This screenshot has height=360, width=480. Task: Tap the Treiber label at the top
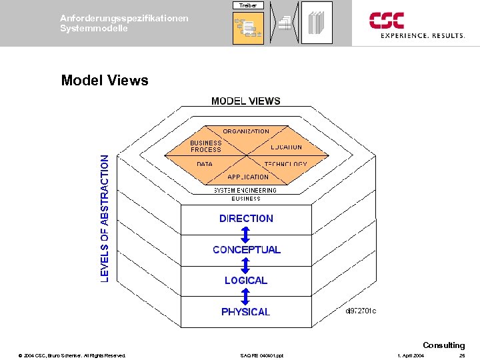click(249, 5)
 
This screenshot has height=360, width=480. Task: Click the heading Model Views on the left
click(105, 81)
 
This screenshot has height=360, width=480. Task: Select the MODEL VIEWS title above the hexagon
click(246, 101)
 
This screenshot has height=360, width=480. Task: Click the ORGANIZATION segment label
click(246, 131)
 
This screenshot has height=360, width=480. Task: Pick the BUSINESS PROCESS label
click(205, 146)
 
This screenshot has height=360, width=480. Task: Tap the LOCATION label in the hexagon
click(286, 147)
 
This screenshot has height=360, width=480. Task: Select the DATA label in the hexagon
click(205, 164)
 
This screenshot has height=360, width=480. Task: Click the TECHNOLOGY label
click(285, 164)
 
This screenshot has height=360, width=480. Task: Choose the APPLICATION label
click(248, 177)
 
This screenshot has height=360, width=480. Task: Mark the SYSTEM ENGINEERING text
click(245, 191)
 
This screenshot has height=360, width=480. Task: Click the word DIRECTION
click(246, 218)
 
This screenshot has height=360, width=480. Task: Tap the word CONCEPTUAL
click(247, 250)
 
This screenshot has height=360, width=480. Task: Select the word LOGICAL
click(246, 281)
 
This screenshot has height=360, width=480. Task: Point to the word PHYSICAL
click(246, 312)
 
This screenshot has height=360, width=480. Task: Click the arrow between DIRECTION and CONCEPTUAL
click(246, 234)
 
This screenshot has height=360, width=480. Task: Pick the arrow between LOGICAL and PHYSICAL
click(246, 296)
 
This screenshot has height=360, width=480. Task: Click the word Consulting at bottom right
click(443, 345)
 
